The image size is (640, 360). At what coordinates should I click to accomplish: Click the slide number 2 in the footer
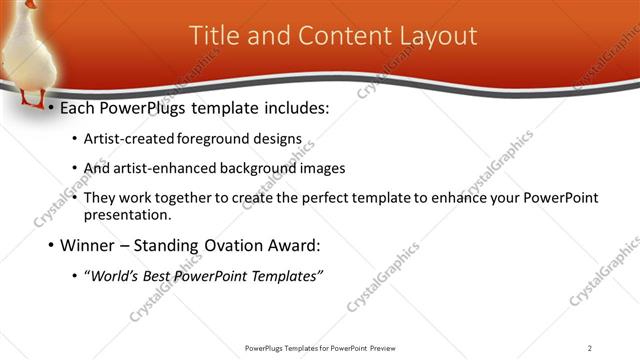coord(589,348)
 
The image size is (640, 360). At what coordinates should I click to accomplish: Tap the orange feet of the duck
coord(33,99)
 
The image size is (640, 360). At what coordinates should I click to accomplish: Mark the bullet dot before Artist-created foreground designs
coord(77,140)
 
